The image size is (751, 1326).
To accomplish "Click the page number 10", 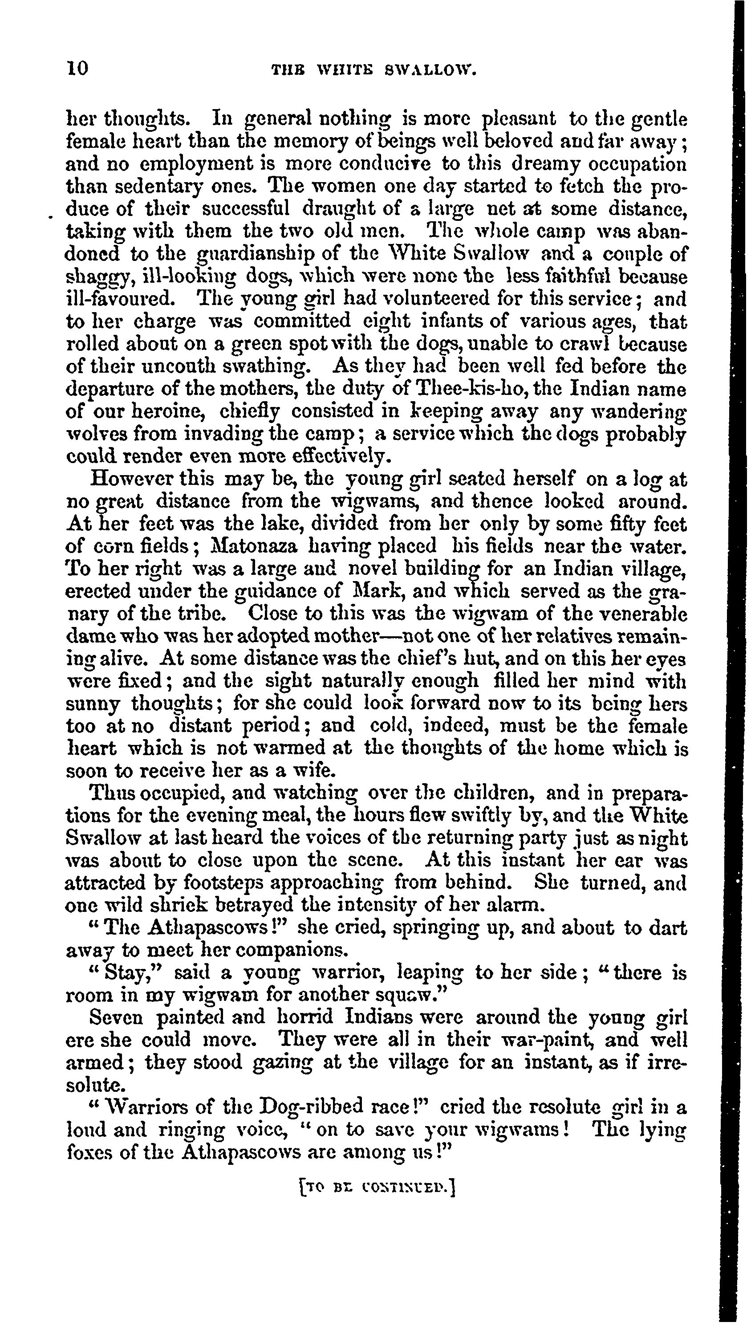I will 77,68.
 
